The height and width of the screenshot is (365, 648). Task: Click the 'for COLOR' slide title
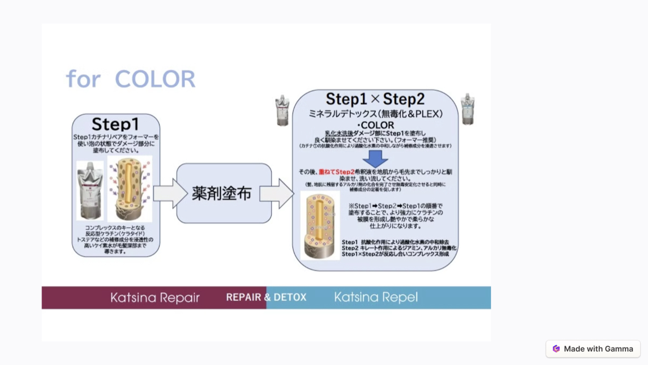[x=130, y=79]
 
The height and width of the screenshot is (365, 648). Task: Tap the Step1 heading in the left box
[x=115, y=124]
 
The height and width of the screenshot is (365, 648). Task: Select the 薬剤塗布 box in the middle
[x=224, y=193]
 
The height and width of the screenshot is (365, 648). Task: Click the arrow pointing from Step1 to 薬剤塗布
[x=170, y=193]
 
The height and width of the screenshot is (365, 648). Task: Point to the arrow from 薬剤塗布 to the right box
[x=276, y=193]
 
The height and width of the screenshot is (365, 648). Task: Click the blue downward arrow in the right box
[x=375, y=158]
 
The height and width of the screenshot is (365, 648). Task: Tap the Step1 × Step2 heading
[x=375, y=100]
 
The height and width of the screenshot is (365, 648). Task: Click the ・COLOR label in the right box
[x=375, y=125]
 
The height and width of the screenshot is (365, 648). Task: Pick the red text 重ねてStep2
[x=336, y=172]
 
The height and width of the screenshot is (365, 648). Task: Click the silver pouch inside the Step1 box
[x=91, y=190]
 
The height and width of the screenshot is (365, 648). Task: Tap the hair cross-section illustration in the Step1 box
[x=129, y=189]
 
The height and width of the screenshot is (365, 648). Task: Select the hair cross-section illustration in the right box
[x=319, y=225]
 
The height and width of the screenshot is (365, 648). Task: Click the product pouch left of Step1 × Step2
[x=282, y=110]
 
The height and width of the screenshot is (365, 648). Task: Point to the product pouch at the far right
[x=467, y=109]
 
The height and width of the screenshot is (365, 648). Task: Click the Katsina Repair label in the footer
[x=155, y=297]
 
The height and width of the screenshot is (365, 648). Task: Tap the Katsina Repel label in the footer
[x=376, y=297]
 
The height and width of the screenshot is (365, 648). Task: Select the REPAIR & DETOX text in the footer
[x=266, y=297]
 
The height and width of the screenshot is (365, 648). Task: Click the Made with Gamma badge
[x=593, y=349]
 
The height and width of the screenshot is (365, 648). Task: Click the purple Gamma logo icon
[x=556, y=349]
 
